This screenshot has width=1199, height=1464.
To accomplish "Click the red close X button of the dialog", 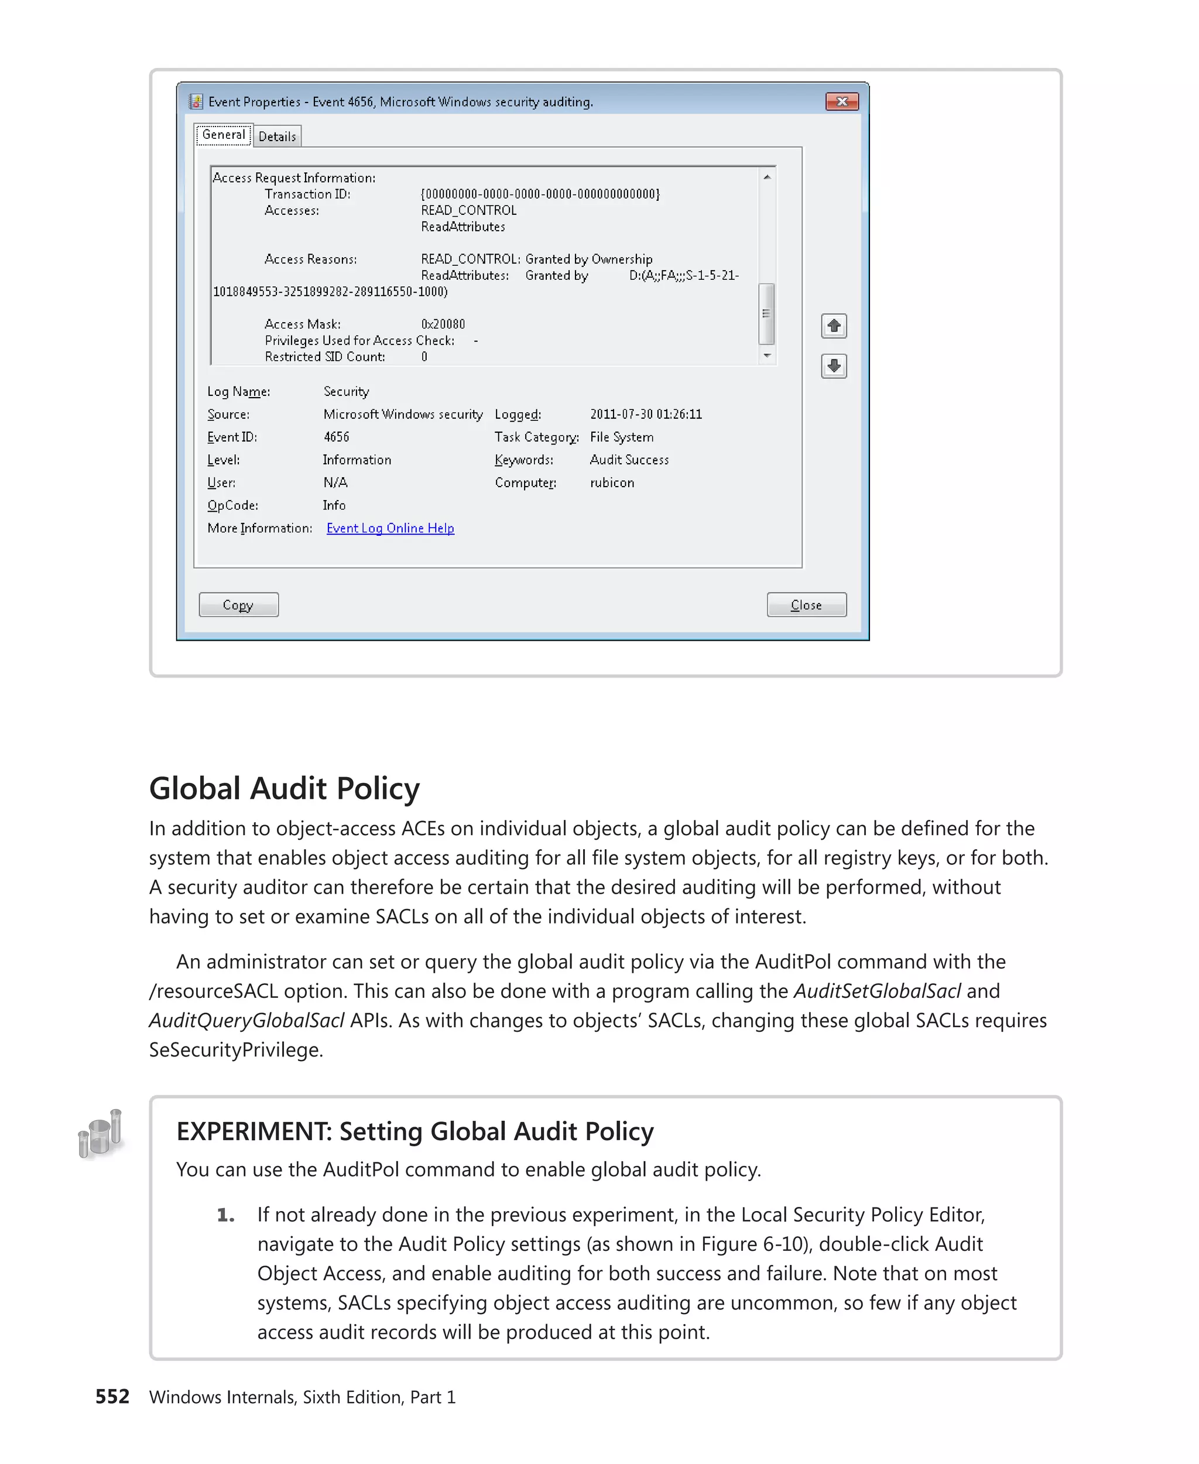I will pos(841,101).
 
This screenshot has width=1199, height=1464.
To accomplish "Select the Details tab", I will pos(277,136).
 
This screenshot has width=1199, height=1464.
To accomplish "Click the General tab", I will pos(223,135).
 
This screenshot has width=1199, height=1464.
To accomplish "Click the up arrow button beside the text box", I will pos(834,326).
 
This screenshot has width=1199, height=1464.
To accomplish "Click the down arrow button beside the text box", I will pos(834,365).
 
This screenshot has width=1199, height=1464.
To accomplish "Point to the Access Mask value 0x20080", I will pos(443,324).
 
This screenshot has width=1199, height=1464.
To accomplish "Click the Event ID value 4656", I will pos(337,437).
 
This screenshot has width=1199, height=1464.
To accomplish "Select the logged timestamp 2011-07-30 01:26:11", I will pos(645,414).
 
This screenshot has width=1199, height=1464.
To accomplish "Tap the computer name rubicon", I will pos(611,483).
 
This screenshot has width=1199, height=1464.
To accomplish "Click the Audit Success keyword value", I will pos(629,460).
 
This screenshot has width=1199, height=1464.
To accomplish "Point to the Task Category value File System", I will pos(621,437).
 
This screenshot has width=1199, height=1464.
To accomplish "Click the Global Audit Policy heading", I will pos(284,788).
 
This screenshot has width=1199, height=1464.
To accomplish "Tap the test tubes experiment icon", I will pos(101,1133).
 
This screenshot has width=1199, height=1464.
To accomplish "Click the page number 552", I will pos(112,1396).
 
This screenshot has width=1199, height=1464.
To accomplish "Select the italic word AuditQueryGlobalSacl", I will pos(246,1021).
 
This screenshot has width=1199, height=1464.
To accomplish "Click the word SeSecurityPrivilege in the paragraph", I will pos(235,1049).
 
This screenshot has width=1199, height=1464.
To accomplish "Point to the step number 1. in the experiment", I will pos(226,1215).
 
